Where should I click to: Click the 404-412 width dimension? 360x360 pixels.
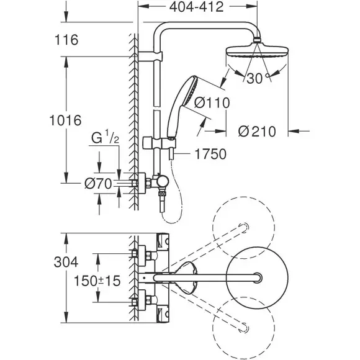(196, 7)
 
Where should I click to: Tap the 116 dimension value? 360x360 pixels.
(66, 40)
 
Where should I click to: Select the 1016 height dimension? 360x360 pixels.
(66, 120)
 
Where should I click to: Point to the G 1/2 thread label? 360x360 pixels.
(106, 137)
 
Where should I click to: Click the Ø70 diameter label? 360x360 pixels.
(99, 184)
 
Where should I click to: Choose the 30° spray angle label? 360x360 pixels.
(258, 78)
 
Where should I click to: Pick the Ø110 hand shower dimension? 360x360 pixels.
(212, 102)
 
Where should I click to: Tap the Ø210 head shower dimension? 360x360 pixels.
(257, 132)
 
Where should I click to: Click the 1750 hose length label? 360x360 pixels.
(210, 154)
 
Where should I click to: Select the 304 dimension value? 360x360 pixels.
(66, 262)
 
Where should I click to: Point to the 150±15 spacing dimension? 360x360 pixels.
(97, 281)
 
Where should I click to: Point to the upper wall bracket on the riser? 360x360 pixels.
(150, 56)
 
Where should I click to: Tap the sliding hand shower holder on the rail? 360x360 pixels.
(160, 143)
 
